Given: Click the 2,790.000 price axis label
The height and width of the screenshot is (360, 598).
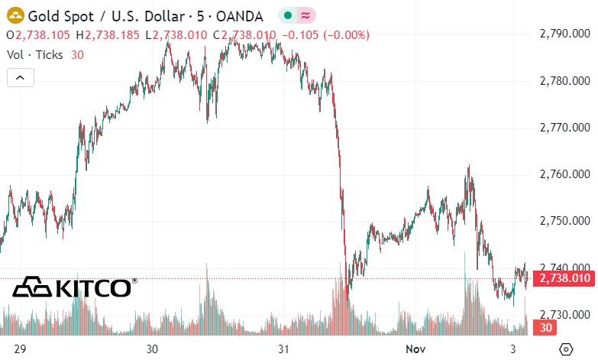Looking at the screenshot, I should point(564,34).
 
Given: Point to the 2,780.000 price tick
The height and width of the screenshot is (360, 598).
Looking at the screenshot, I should point(564,81).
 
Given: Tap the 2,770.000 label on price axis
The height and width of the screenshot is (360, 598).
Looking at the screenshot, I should point(564,128).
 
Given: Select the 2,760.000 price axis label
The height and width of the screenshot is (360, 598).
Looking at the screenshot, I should point(564,174).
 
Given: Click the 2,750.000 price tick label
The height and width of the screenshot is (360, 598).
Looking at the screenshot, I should point(564,221).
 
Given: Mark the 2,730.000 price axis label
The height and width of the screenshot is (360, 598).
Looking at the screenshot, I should point(564,314).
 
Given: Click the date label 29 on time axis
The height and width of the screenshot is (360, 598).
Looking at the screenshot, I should point(21,349).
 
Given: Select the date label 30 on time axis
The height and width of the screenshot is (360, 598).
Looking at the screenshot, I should point(152,349).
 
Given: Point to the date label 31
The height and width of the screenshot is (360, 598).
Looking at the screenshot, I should point(283,349).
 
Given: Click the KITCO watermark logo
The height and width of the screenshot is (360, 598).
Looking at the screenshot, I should point(73,287).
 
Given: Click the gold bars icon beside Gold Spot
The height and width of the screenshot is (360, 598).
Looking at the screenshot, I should point(15,15).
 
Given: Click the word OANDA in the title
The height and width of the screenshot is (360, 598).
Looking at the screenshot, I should point(238,15).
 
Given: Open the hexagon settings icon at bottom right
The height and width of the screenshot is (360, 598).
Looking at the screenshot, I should point(566,349).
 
